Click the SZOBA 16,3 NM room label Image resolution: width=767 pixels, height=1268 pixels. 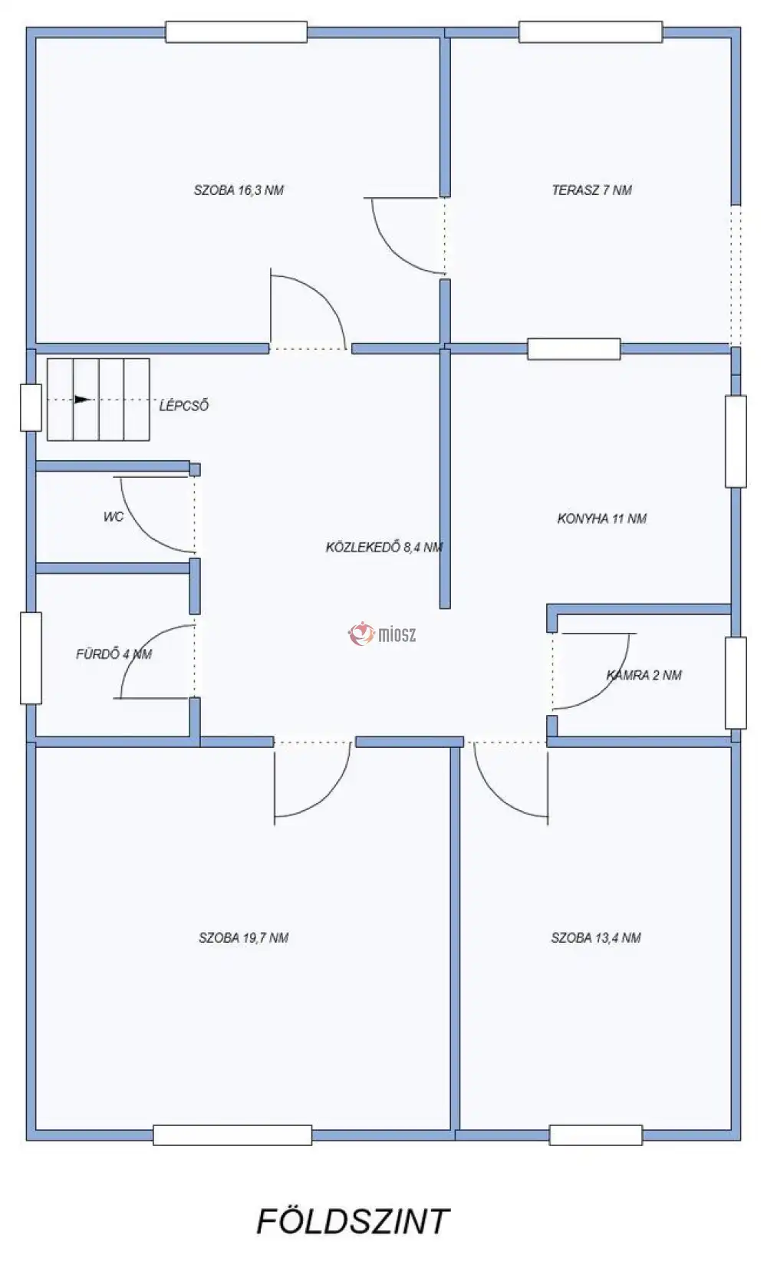(x=239, y=190)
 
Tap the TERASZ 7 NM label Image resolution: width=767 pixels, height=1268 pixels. (x=591, y=190)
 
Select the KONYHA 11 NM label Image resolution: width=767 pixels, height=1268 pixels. (x=602, y=519)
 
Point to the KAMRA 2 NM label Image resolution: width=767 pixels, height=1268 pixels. (x=644, y=675)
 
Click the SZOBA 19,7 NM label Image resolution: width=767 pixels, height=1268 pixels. (x=243, y=938)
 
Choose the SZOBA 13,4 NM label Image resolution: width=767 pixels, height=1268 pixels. (x=596, y=938)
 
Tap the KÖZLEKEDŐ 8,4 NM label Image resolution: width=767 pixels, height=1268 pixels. (x=383, y=547)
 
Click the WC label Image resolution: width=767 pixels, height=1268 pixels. (x=114, y=517)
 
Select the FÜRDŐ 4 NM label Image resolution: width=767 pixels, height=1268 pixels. (x=114, y=654)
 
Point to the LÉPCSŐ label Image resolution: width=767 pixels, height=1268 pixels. (x=183, y=405)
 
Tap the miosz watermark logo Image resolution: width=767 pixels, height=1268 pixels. (x=382, y=634)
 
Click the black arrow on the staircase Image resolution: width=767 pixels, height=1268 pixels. (x=83, y=400)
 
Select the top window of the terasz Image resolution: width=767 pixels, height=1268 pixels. (x=591, y=32)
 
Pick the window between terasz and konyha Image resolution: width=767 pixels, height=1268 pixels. (x=574, y=349)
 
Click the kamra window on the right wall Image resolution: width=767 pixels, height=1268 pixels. (x=736, y=683)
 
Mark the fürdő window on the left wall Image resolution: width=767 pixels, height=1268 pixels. (x=31, y=657)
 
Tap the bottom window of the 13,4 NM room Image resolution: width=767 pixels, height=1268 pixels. (x=595, y=1135)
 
